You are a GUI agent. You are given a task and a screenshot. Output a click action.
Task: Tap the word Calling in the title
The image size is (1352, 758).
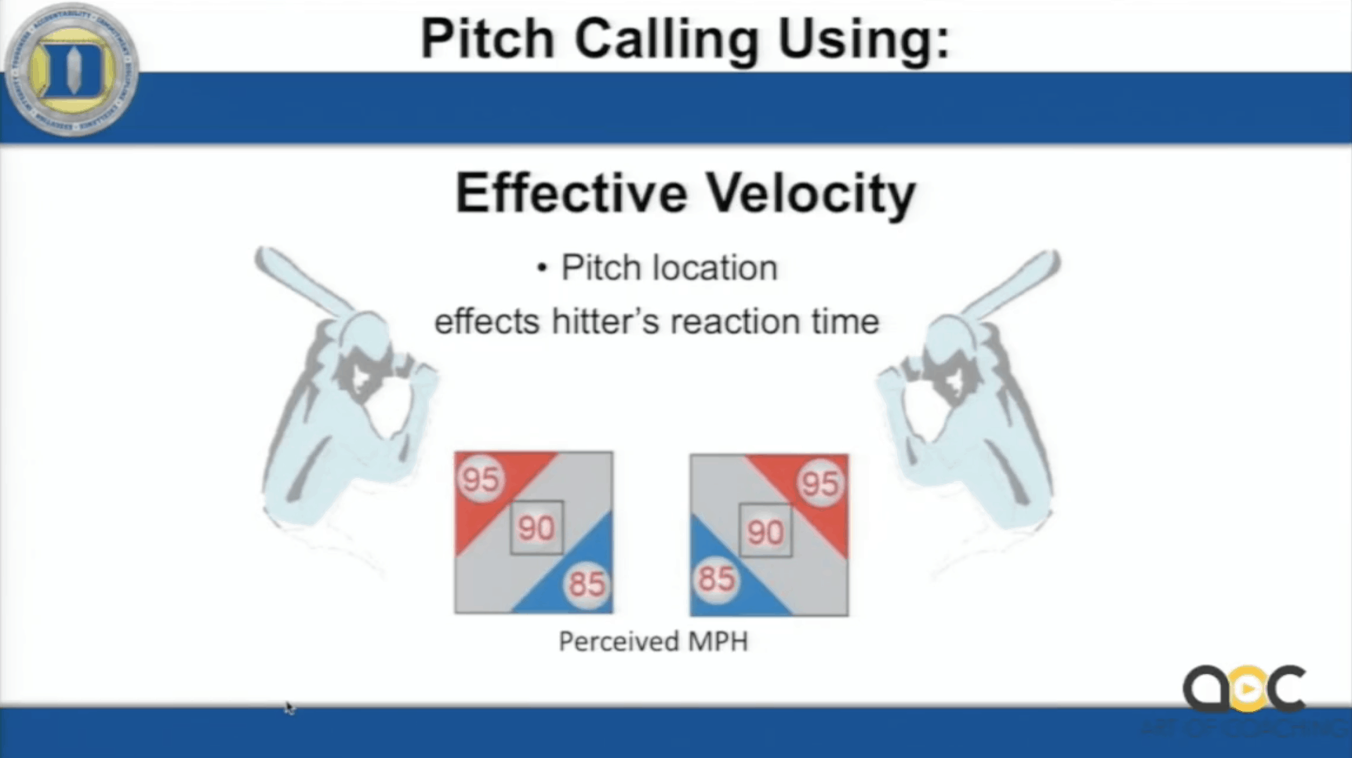pyautogui.click(x=667, y=39)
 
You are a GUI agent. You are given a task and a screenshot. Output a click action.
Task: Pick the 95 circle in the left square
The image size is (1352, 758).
pyautogui.click(x=480, y=478)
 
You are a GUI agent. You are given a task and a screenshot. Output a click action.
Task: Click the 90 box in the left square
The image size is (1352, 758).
pyautogui.click(x=536, y=528)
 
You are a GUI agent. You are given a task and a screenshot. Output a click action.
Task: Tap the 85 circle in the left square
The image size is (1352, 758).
pyautogui.click(x=587, y=584)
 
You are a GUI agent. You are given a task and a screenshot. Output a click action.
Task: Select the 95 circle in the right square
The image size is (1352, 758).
pyautogui.click(x=820, y=483)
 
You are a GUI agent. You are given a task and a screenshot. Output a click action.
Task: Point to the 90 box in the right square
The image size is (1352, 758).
pyautogui.click(x=765, y=532)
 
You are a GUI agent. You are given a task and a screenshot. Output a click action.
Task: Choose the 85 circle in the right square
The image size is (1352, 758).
pyautogui.click(x=716, y=580)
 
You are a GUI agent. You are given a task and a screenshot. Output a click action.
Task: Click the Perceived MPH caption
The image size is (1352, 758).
pyautogui.click(x=653, y=642)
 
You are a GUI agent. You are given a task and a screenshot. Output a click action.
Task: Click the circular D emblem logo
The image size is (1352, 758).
pyautogui.click(x=71, y=70)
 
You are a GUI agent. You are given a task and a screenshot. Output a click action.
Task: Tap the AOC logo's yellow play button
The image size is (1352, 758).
pyautogui.click(x=1245, y=688)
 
